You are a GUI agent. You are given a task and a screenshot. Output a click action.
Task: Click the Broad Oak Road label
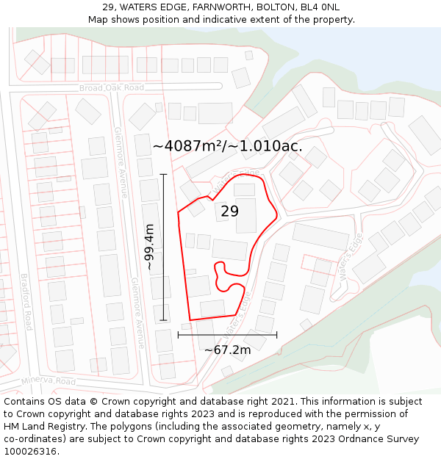pyautogui.click(x=112, y=88)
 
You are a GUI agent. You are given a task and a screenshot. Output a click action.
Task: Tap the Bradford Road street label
pyautogui.click(x=26, y=301)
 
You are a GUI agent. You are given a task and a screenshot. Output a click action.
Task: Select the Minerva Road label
pyautogui.click(x=49, y=381)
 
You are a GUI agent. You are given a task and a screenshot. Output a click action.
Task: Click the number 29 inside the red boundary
pyautogui.click(x=229, y=212)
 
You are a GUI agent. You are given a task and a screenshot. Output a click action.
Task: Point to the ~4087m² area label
pyautogui.click(x=227, y=146)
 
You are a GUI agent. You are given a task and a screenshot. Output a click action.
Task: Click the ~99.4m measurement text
pyautogui.click(x=149, y=247)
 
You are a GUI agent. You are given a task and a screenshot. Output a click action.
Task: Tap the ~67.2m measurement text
pyautogui.click(x=227, y=350)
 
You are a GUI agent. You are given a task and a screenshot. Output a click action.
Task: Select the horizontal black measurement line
pyautogui.click(x=227, y=335)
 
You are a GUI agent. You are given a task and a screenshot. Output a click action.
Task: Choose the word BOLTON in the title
pyautogui.click(x=272, y=7)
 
